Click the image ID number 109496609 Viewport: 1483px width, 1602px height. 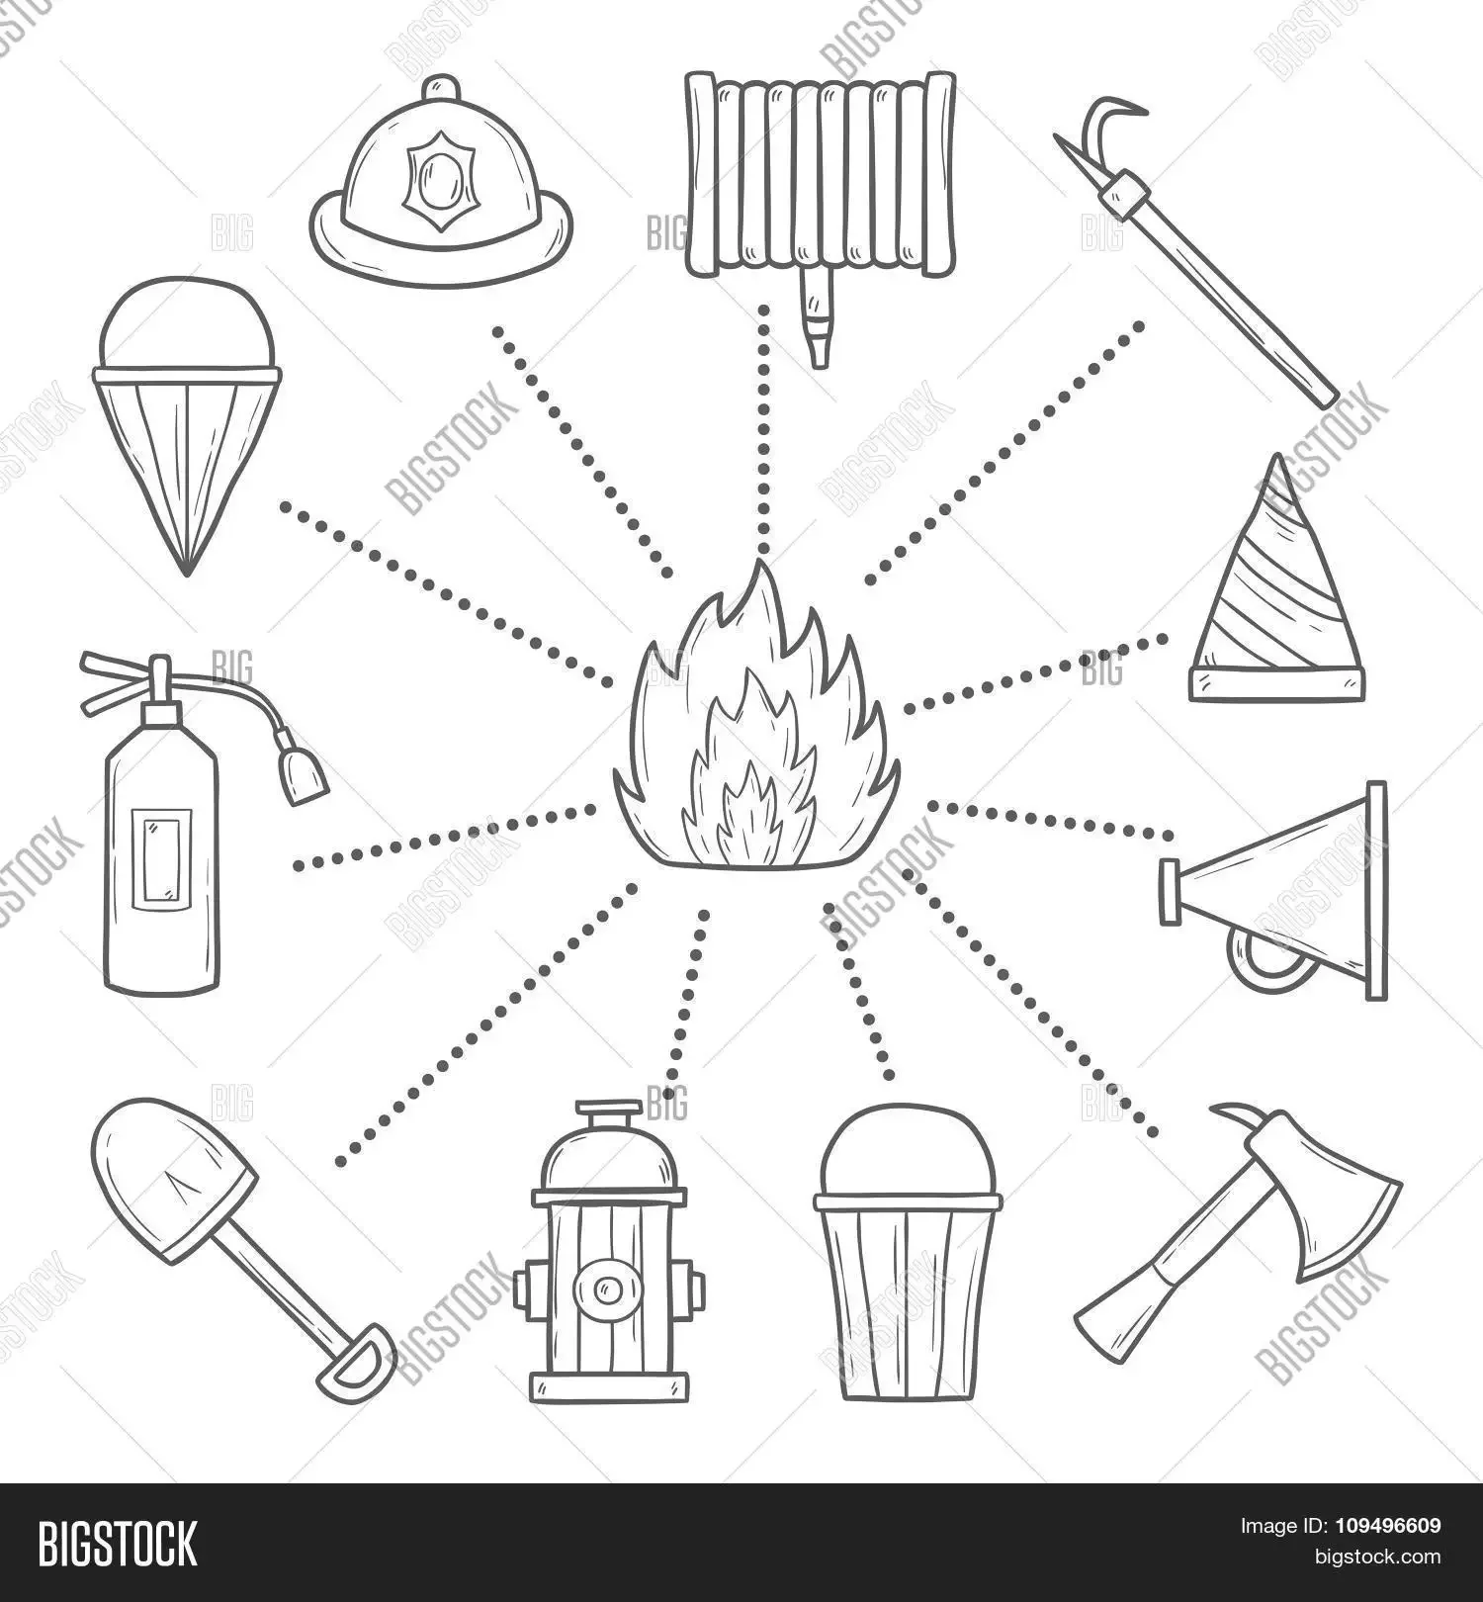click(x=1385, y=1526)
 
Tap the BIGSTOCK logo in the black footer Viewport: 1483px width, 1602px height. click(x=118, y=1543)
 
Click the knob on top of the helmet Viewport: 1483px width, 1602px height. click(x=442, y=88)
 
